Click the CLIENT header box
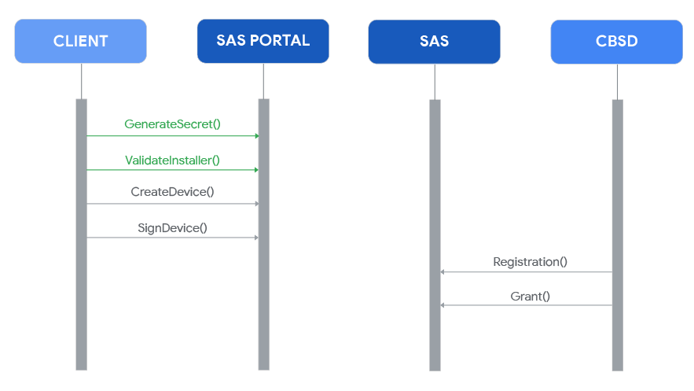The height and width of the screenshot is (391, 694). (x=80, y=41)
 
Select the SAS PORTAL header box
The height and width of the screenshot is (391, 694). (x=263, y=41)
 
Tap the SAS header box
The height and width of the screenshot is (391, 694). (x=434, y=41)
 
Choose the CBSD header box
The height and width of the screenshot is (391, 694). (x=616, y=41)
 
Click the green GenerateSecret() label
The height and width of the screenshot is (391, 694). (x=172, y=124)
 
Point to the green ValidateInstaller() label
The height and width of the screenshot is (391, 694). (x=172, y=160)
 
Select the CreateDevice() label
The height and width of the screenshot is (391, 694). (x=172, y=192)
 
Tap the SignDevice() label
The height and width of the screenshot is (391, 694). (x=172, y=227)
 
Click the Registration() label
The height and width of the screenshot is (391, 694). (x=530, y=261)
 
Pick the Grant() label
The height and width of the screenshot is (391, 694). (x=530, y=296)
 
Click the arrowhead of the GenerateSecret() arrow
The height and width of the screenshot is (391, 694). (x=255, y=135)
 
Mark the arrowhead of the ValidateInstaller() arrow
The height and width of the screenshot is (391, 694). (x=255, y=170)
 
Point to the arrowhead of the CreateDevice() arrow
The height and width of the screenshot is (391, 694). (x=255, y=204)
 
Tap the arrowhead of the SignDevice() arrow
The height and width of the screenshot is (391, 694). (x=255, y=238)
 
